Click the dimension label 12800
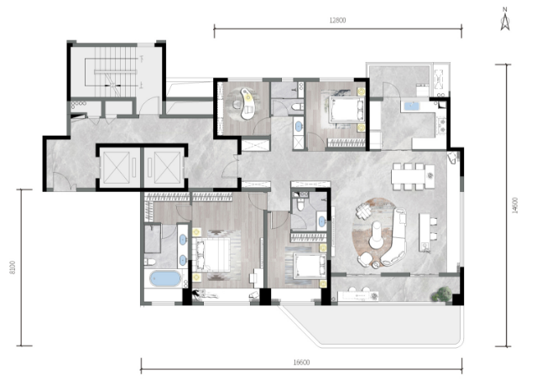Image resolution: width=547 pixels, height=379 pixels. tap(337, 20)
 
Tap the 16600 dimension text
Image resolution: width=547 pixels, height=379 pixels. tap(301, 362)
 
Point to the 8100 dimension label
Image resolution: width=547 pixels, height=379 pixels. tap(13, 267)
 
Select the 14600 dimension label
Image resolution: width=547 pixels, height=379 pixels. tap(516, 205)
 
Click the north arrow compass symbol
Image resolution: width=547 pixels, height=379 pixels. tap(505, 19)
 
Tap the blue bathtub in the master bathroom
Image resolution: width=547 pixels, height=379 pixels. tap(165, 279)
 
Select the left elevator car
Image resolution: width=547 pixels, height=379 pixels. tap(116, 168)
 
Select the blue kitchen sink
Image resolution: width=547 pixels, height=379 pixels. tap(413, 106)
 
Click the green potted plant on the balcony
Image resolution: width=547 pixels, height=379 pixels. tap(441, 294)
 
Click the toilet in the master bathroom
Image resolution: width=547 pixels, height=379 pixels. tap(150, 262)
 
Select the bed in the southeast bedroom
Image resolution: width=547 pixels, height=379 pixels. tap(310, 266)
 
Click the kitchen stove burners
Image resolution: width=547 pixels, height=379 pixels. tap(442, 127)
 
